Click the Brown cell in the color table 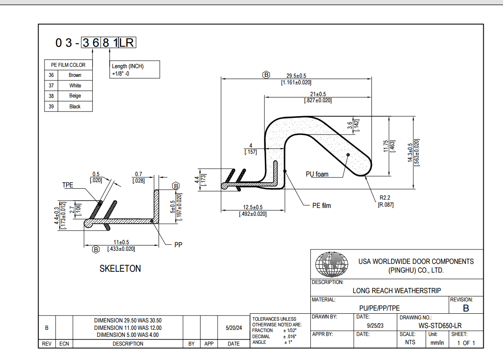pos(75,75)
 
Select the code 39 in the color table pos(51,107)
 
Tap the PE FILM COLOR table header pos(69,65)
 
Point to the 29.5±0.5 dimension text pos(296,76)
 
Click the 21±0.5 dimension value pos(318,94)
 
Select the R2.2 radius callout pos(385,198)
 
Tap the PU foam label pos(317,174)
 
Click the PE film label pos(322,205)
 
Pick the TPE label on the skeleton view pos(68,185)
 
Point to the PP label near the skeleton pos(178,245)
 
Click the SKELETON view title pos(120,269)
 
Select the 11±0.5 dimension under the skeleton pos(121,242)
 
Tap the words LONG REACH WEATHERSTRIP pos(396,291)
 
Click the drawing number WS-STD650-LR pos(440,325)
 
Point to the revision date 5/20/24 pos(233,328)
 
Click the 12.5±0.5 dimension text pos(253,207)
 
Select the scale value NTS pos(410,343)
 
